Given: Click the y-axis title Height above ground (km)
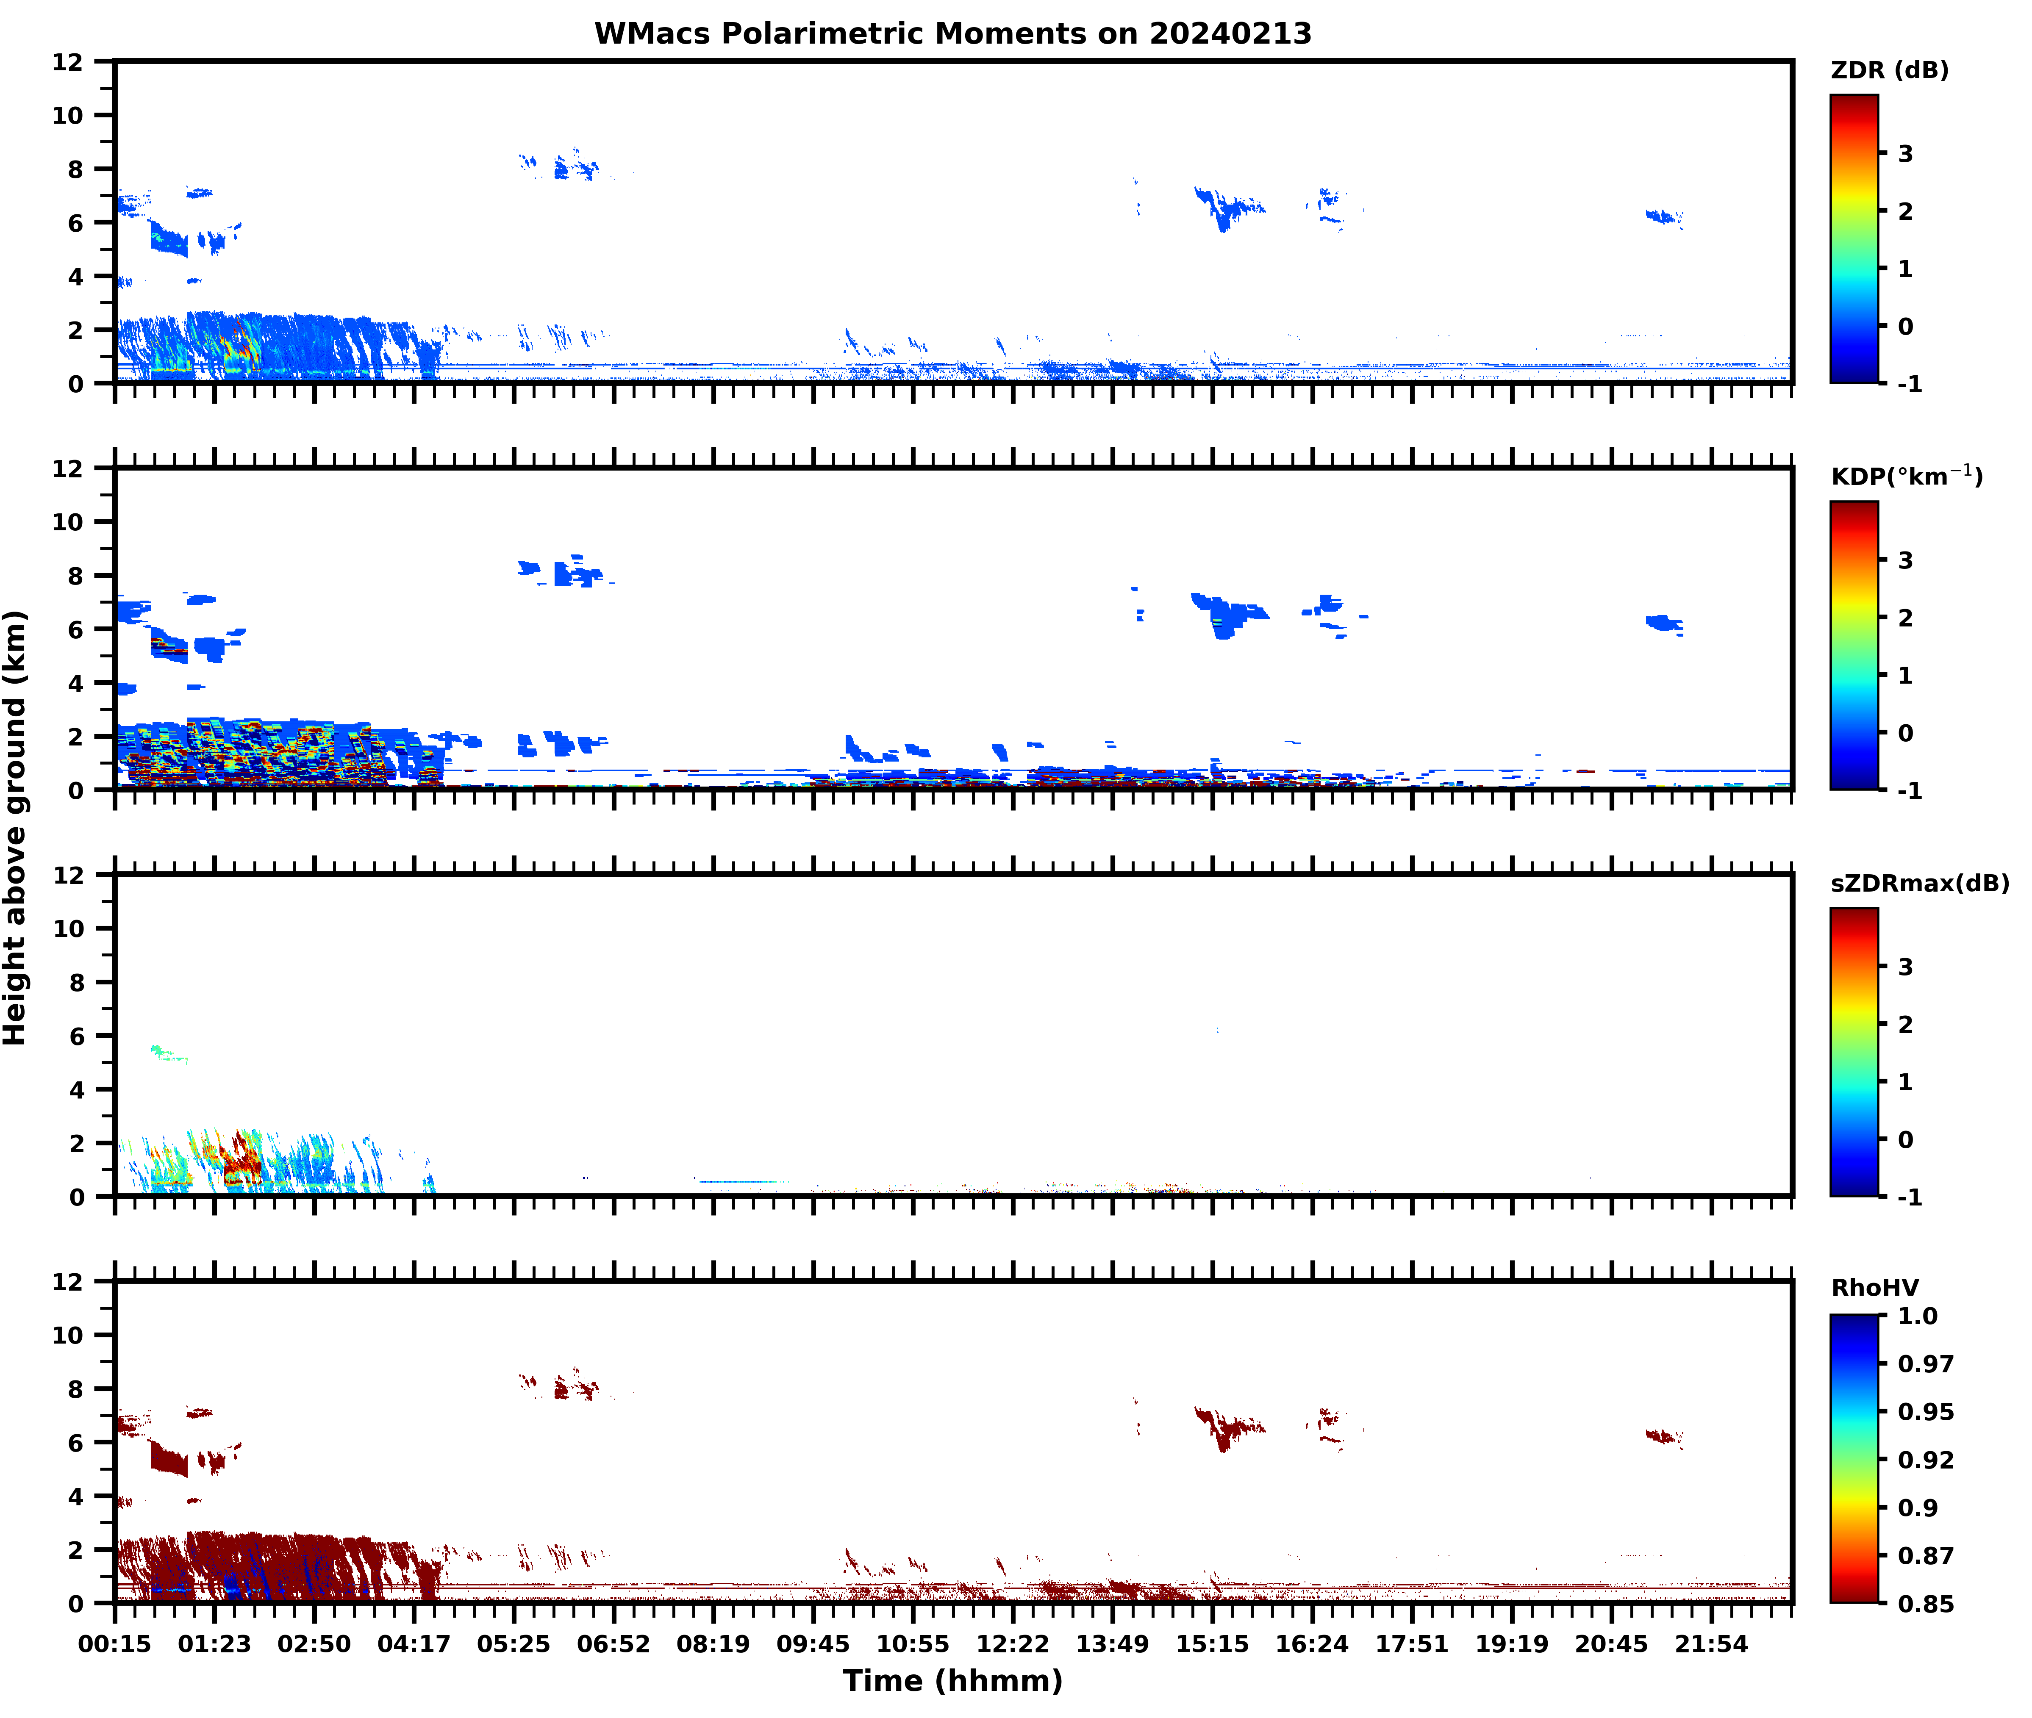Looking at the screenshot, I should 16,828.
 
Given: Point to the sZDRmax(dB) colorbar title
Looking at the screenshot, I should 1919,883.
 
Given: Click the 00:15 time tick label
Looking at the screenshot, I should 115,1644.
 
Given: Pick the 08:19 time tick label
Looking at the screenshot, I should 713,1644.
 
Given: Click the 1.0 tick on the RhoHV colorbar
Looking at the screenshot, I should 1917,1316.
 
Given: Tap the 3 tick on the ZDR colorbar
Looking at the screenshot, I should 1905,153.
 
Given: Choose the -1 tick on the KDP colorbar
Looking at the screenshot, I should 1909,790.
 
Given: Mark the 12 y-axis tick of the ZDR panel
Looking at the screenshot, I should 68,61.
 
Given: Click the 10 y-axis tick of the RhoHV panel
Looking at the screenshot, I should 68,1334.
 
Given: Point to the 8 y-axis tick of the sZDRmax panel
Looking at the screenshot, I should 76,982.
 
